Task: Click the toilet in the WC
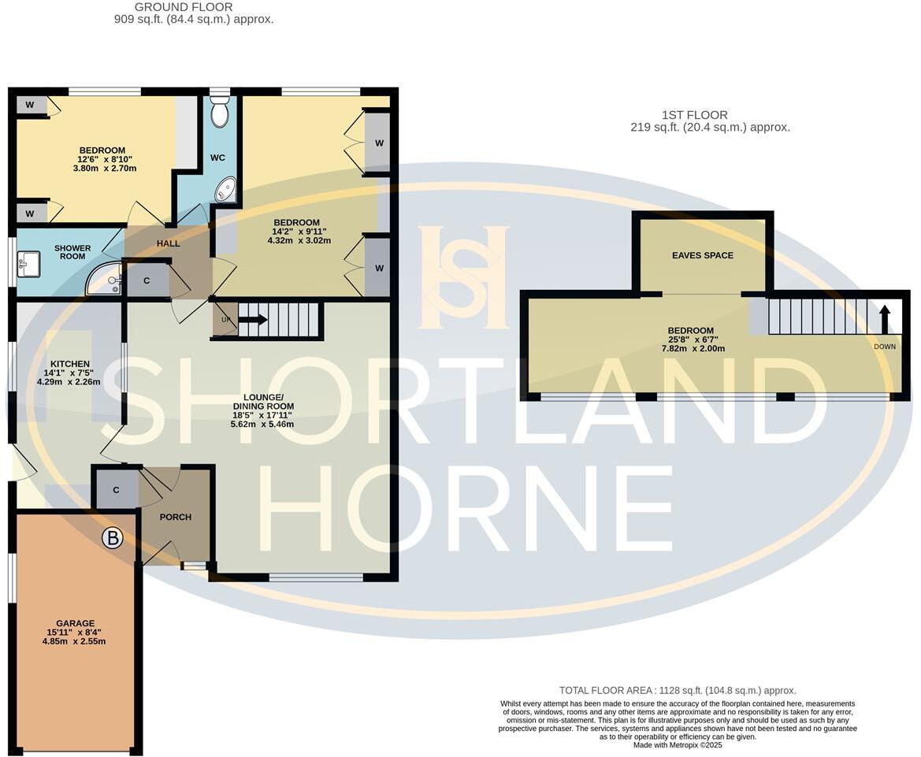pos(220,113)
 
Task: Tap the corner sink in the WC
pos(226,190)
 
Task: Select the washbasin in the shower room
pos(30,264)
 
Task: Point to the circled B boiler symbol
pos(113,539)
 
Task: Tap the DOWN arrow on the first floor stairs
pos(885,320)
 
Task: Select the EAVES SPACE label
pos(702,255)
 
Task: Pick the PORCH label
pos(175,518)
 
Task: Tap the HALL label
pos(168,243)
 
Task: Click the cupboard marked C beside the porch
pos(116,490)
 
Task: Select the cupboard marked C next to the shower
pos(147,280)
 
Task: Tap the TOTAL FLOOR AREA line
pos(677,690)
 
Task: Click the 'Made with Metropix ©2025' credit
pos(677,745)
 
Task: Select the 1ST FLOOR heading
pos(694,115)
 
